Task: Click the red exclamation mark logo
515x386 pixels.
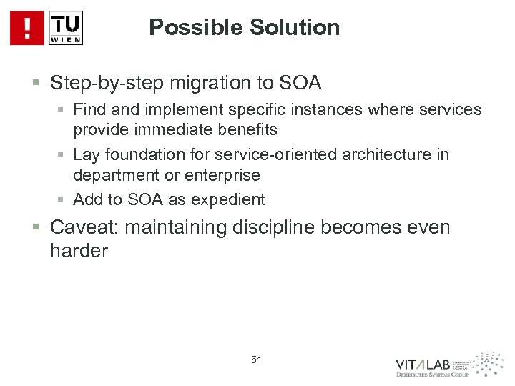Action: (27, 28)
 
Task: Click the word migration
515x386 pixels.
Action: (189, 83)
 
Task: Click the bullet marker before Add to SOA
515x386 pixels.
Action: (62, 199)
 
